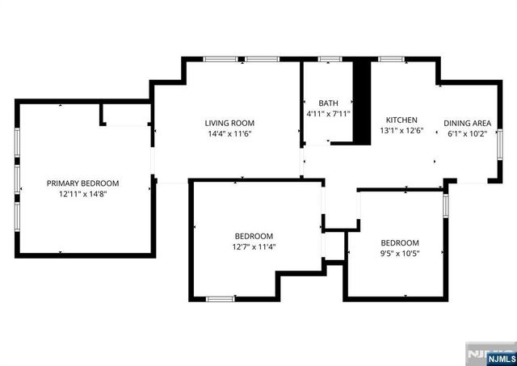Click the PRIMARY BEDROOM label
click(82, 183)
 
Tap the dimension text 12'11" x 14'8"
click(82, 195)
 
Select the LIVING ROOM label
click(229, 123)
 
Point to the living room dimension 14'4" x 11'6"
click(229, 134)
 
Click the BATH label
click(328, 103)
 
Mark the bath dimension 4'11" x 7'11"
click(328, 115)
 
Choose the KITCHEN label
click(401, 120)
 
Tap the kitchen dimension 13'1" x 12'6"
click(401, 131)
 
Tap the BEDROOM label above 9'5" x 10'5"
click(400, 243)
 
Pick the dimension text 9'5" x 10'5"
click(400, 255)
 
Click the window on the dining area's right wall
click(499, 141)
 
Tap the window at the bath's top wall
click(329, 59)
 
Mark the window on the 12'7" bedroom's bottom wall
click(219, 299)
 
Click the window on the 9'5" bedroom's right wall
click(445, 206)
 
